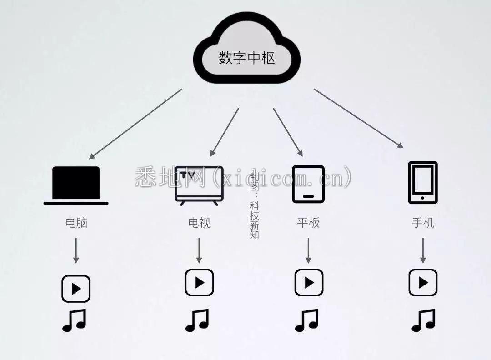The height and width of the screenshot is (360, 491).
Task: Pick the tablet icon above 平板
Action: (308, 185)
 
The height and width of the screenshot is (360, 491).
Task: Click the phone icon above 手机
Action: (423, 183)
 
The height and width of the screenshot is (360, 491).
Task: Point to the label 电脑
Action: (76, 223)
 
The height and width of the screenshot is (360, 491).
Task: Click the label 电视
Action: (199, 223)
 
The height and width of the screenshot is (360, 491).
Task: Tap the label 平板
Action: (308, 223)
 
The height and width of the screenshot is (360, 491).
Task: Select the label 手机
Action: (423, 223)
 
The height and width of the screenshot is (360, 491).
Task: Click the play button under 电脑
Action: (76, 289)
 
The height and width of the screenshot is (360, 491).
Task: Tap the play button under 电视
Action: (200, 283)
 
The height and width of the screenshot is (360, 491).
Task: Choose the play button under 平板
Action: (309, 283)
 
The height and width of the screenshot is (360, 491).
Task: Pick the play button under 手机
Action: (423, 283)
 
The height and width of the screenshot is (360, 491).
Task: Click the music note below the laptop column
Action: (74, 320)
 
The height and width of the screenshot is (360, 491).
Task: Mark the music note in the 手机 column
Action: (423, 320)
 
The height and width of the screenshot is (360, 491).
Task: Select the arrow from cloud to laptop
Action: (135, 124)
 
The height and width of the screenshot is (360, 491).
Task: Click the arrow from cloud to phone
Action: (359, 118)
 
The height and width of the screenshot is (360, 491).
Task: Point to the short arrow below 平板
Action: (308, 250)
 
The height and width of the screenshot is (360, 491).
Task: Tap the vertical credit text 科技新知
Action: (254, 220)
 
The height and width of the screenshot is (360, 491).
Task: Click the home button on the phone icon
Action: (423, 198)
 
